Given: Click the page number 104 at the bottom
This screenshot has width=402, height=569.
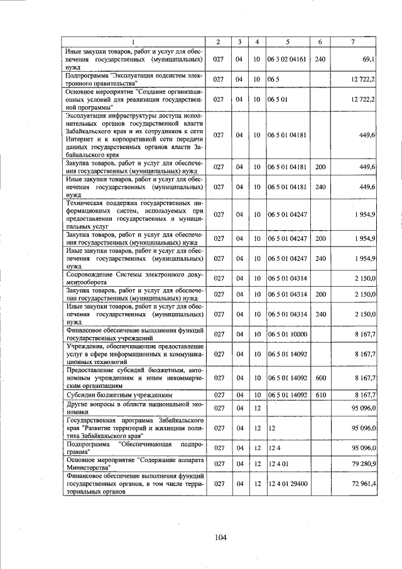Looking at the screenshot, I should (x=220, y=537).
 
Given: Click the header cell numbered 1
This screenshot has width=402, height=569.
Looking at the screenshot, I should (x=133, y=41).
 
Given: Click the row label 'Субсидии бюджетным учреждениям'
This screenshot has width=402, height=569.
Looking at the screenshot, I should (x=111, y=395).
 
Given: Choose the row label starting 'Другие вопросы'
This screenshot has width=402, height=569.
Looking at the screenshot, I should (x=133, y=408).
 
